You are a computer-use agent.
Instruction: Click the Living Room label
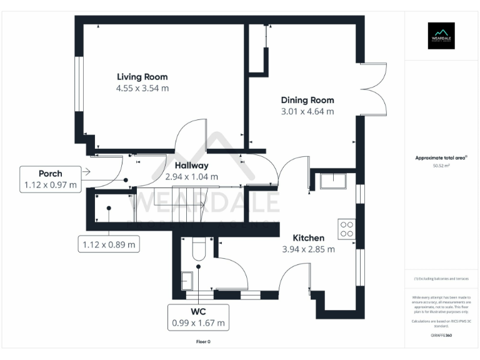pos(142,77)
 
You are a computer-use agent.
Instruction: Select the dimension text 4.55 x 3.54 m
pos(142,88)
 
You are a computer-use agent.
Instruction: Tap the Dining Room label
pos(307,100)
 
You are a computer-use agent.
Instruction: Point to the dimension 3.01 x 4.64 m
pos(307,111)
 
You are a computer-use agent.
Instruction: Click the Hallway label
pos(191,166)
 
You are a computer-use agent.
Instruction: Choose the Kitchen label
pos(309,238)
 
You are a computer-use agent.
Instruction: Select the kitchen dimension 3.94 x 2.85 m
pos(309,249)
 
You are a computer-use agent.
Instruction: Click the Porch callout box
pos(51,179)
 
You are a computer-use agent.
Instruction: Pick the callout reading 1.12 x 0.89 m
pos(108,244)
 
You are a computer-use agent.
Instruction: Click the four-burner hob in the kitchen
pos(346,229)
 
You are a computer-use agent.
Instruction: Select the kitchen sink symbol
pos(333,181)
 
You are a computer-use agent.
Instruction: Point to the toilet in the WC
pos(199,251)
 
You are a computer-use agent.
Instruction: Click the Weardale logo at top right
pos(441,36)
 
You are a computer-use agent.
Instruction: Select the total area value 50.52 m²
pos(441,166)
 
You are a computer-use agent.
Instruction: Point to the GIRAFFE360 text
pos(441,336)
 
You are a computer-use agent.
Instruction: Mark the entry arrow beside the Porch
pos(86,171)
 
